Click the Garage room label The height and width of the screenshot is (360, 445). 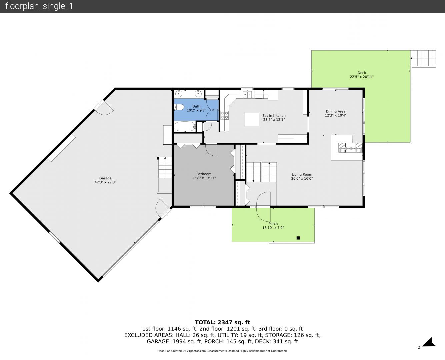click(105, 178)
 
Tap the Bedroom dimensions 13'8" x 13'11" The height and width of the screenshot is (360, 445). click(204, 178)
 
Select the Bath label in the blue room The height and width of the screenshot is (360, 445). click(196, 106)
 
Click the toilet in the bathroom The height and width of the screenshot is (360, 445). click(179, 107)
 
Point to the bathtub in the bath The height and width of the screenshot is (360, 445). click(185, 126)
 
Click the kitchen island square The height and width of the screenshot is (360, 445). click(252, 119)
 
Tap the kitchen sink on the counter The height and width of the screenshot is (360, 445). click(247, 94)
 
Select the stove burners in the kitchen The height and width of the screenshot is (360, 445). click(225, 115)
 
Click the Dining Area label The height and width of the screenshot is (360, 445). click(336, 111)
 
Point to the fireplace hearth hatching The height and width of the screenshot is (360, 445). click(350, 148)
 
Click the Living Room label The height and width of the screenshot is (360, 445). click(302, 174)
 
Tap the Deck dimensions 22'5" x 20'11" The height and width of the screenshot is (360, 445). click(362, 77)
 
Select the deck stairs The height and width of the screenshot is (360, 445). click(423, 58)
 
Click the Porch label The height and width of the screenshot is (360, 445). click(273, 224)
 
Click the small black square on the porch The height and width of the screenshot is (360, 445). click(298, 238)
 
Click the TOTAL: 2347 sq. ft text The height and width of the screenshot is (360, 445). click(222, 322)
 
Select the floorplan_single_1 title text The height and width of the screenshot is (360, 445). click(39, 6)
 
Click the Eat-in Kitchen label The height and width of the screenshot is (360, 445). click(274, 116)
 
